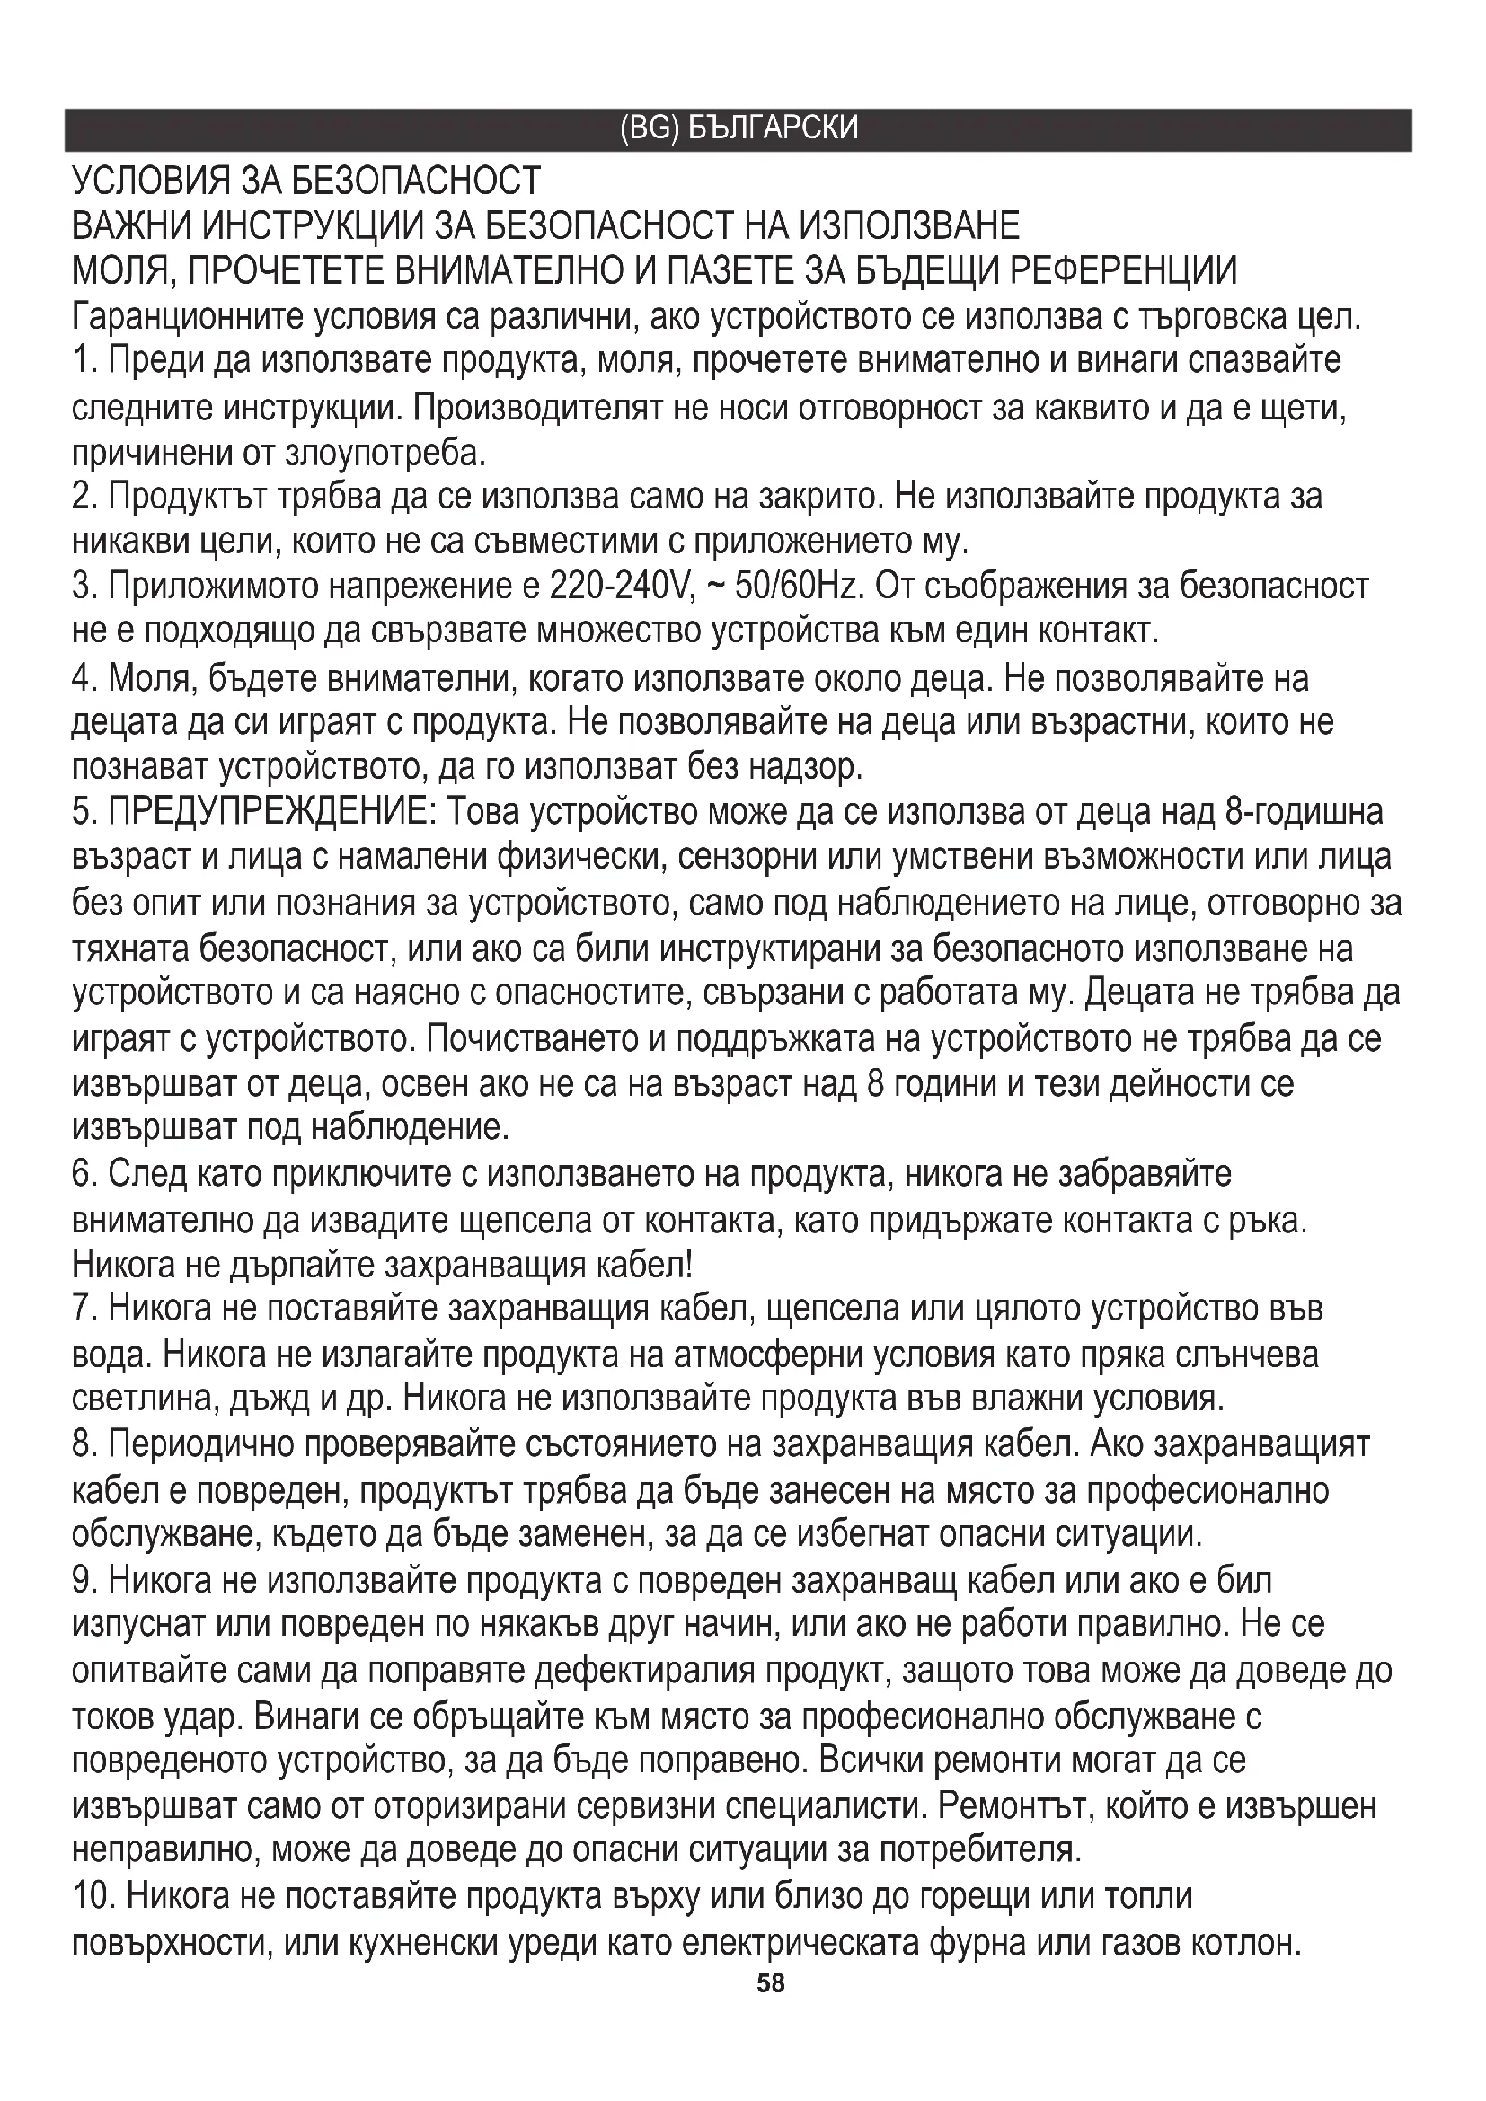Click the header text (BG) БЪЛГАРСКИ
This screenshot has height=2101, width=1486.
[x=739, y=128]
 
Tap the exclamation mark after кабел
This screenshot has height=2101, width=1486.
[x=687, y=1266]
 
